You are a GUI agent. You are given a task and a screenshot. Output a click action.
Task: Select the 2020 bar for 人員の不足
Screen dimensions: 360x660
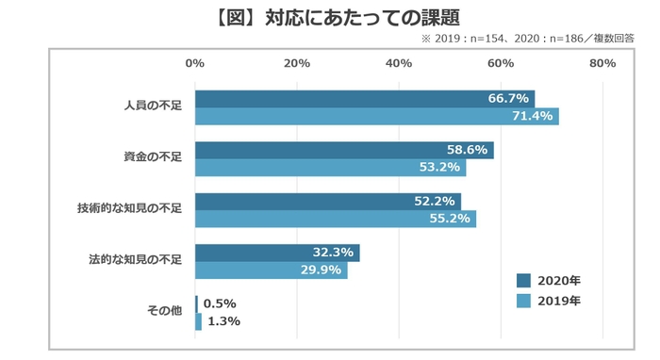(364, 99)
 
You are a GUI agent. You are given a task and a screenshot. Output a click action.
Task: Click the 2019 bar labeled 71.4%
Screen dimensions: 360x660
(376, 117)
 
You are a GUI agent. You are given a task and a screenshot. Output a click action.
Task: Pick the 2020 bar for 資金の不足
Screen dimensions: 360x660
(344, 151)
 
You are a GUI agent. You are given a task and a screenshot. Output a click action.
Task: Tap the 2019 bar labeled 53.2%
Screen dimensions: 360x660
(330, 168)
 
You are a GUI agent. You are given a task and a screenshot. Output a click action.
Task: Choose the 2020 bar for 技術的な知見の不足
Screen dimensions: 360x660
(327, 202)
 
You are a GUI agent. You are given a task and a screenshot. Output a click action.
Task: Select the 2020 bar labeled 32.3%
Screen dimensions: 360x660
(277, 254)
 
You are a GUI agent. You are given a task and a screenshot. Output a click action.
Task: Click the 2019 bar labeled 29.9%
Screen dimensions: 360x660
(271, 270)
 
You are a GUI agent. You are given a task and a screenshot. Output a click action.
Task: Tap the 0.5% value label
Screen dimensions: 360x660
(220, 304)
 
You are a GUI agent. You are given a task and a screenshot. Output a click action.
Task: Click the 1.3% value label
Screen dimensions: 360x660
(223, 321)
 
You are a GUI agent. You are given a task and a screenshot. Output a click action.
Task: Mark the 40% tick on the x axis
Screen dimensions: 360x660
(399, 63)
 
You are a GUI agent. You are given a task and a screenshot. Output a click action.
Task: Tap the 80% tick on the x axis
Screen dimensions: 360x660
(602, 63)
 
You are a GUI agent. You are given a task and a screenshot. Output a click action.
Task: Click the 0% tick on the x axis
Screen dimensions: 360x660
(195, 63)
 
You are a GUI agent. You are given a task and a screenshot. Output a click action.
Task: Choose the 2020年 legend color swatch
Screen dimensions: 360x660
(523, 281)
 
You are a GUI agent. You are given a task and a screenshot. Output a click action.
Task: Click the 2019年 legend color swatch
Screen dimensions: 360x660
(523, 302)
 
